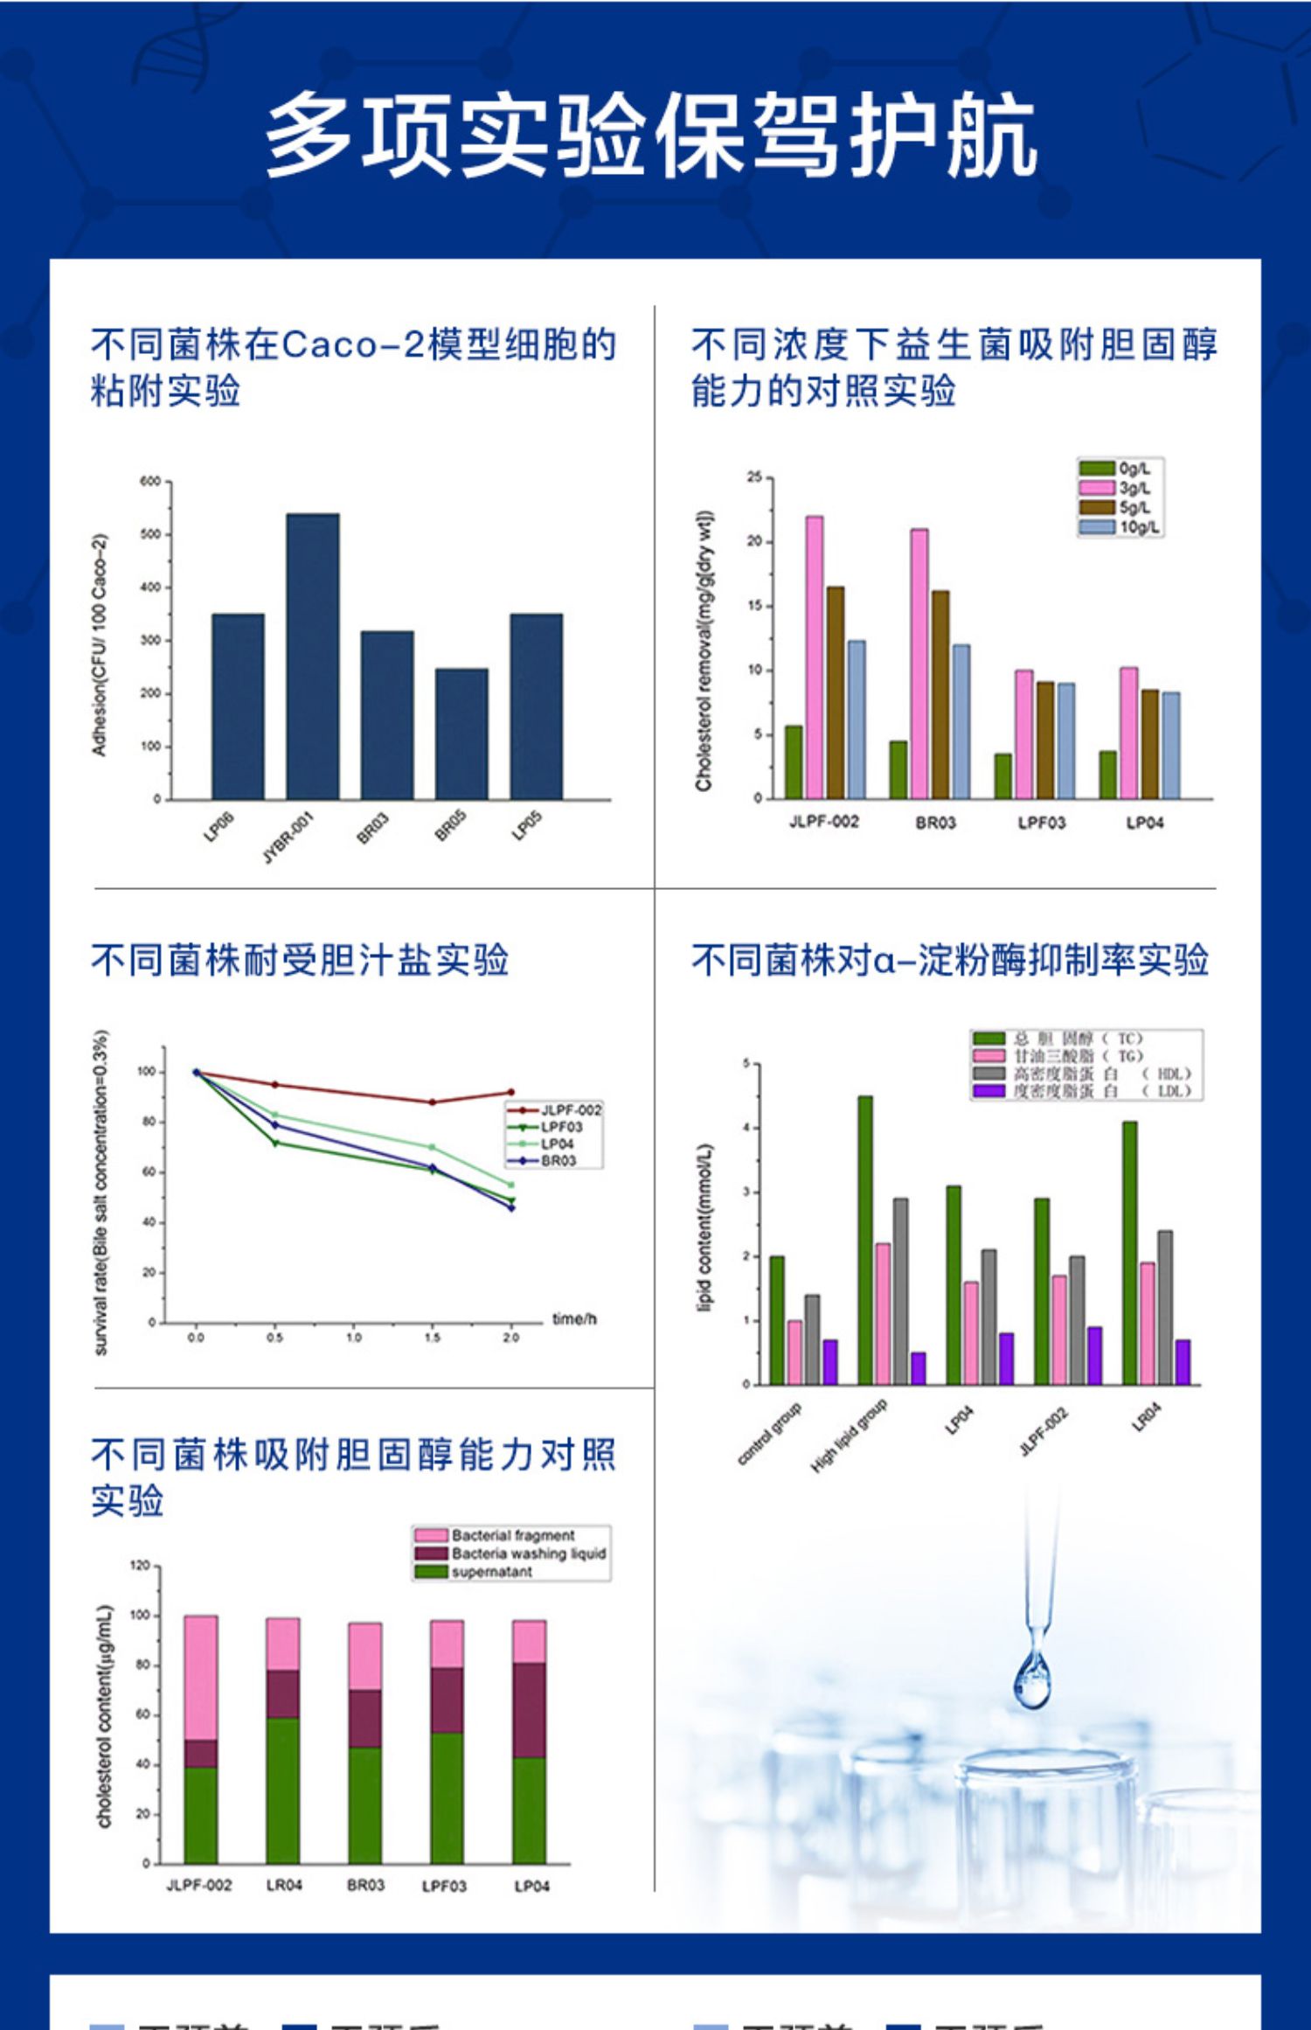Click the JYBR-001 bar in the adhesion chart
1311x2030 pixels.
tap(313, 656)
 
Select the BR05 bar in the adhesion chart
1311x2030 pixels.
tap(461, 733)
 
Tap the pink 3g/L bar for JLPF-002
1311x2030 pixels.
tap(814, 657)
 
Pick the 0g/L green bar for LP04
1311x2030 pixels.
tap(1107, 775)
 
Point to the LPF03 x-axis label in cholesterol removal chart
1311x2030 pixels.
tap(1041, 823)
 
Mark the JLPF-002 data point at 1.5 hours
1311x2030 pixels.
tap(432, 1102)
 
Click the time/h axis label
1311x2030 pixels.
tap(574, 1319)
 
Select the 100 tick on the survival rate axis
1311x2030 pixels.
tap(146, 1072)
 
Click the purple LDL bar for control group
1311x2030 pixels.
tap(830, 1362)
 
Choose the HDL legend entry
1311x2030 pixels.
tap(1084, 1074)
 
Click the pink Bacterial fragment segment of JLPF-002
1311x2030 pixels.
tap(201, 1678)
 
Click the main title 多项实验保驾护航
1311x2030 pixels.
tap(651, 136)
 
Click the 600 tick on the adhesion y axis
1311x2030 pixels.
tap(149, 482)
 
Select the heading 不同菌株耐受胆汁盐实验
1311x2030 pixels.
tap(300, 960)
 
